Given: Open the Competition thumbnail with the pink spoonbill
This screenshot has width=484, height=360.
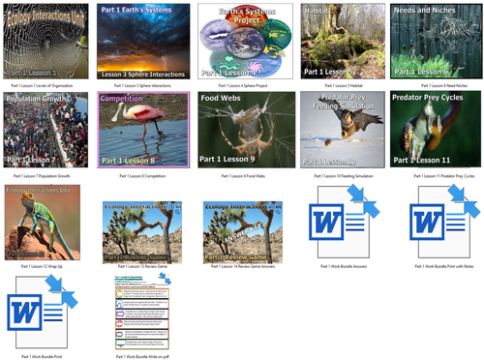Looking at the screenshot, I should point(143,130).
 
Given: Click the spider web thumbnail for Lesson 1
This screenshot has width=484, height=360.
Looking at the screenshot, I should point(45,40).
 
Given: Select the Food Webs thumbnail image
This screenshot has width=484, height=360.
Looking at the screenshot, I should point(240,130).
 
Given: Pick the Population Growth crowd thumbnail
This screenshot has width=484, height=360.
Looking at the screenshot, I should point(45,130).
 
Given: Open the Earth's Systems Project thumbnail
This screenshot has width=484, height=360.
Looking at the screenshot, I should point(240,40).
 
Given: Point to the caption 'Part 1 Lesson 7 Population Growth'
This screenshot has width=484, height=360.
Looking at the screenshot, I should point(45,177).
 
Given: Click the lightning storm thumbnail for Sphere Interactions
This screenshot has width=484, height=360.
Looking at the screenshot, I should point(143,40).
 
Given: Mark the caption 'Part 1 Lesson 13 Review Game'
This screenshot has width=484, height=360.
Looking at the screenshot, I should point(143,264).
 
